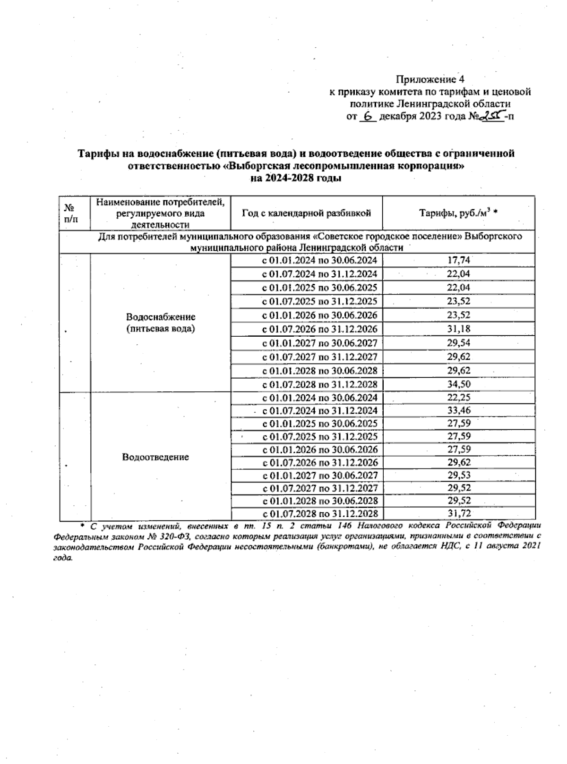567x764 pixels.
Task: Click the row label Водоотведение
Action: coord(155,457)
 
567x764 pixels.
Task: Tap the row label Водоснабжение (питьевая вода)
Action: coord(161,323)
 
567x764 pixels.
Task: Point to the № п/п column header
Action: coord(70,213)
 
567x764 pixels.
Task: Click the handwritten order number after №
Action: coord(492,116)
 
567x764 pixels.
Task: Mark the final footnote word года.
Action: coord(63,558)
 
